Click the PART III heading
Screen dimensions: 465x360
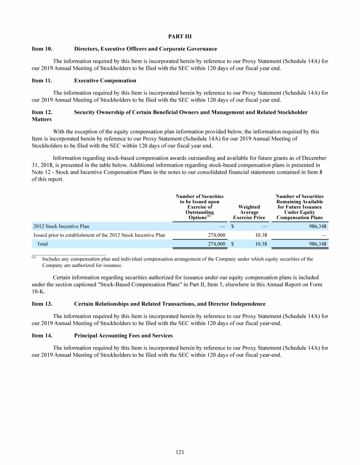coord(180,37)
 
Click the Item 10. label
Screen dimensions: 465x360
coord(42,49)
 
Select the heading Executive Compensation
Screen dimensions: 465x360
coord(105,81)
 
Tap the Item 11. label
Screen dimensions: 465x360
coord(42,81)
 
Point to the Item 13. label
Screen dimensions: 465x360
coord(42,304)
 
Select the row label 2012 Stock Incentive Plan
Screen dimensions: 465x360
coord(61,226)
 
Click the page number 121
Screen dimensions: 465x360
coord(180,452)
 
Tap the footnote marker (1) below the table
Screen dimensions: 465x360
coord(34,258)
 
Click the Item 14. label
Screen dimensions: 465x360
coord(42,336)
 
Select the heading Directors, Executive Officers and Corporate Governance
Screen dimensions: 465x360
coord(145,49)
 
